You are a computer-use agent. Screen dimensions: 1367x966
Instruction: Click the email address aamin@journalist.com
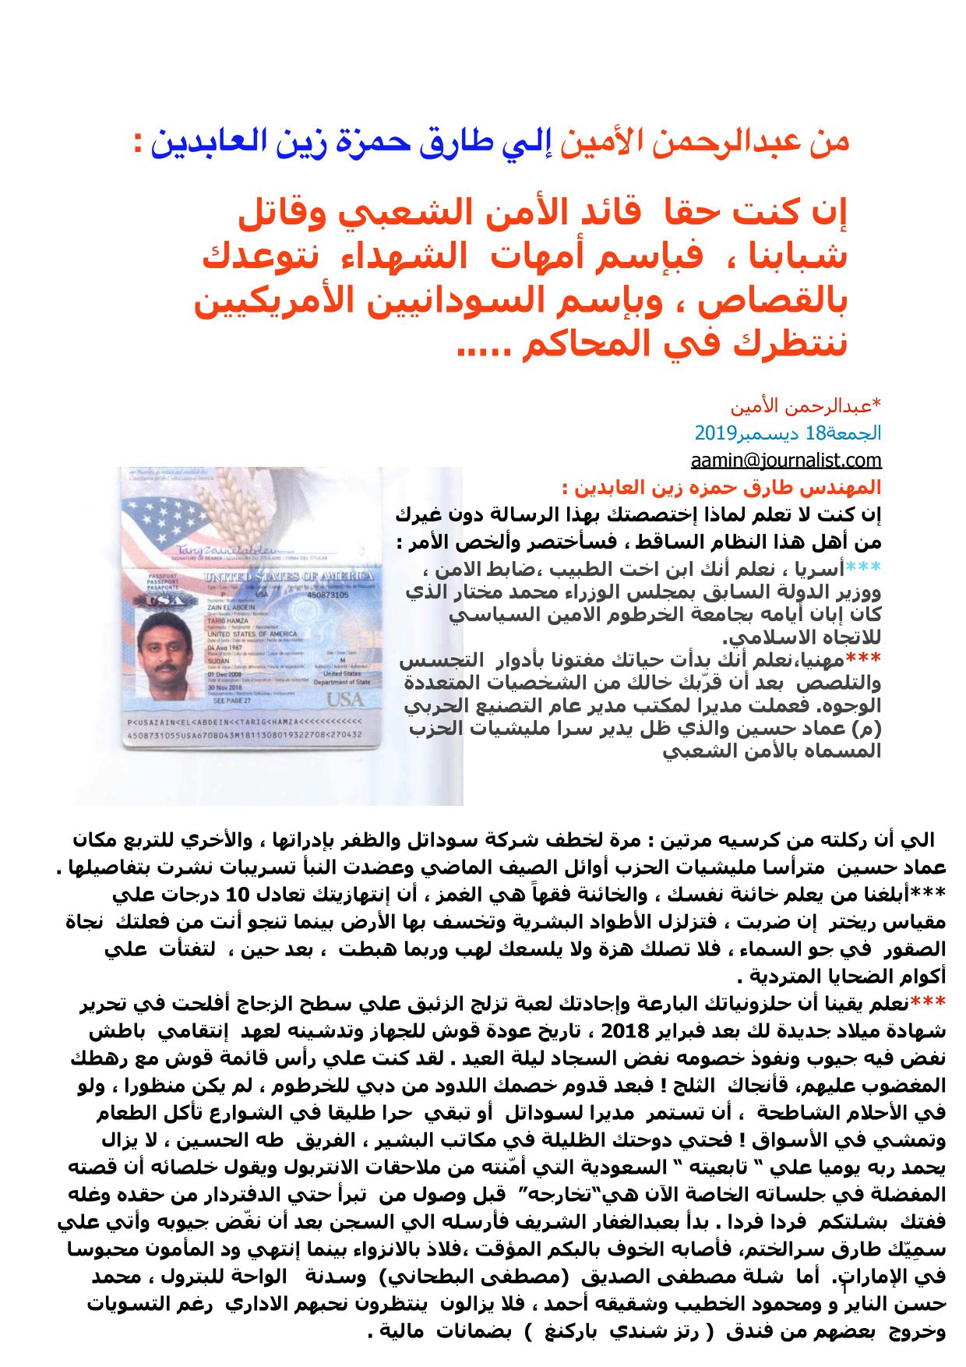pos(785,461)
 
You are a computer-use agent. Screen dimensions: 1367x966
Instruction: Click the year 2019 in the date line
pos(710,433)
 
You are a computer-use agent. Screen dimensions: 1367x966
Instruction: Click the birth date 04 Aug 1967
pos(226,648)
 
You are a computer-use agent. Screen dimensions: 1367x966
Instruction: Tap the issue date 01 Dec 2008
pos(225,674)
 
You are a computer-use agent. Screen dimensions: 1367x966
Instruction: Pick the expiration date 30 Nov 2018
pos(226,687)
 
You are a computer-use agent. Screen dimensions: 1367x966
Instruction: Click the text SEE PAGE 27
pos(232,701)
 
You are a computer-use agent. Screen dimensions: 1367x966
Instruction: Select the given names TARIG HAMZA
pos(227,621)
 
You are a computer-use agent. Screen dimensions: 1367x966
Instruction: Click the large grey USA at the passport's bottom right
pos(344,699)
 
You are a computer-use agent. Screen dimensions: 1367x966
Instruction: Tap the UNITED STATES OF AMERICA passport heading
pos(288,576)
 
